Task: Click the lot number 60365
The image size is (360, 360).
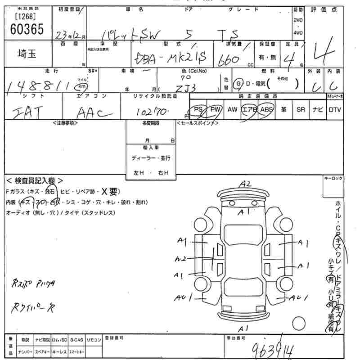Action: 27,29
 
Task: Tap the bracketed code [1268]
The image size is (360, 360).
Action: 26,17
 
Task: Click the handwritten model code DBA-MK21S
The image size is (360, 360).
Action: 171,58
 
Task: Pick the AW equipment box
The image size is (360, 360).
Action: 232,109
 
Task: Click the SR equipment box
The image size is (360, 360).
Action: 300,109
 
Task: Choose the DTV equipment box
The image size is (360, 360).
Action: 334,109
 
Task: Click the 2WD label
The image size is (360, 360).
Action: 298,21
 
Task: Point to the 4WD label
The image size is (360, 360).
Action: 298,33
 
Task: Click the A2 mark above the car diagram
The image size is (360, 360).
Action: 245,184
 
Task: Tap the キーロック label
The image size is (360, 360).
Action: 333,179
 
